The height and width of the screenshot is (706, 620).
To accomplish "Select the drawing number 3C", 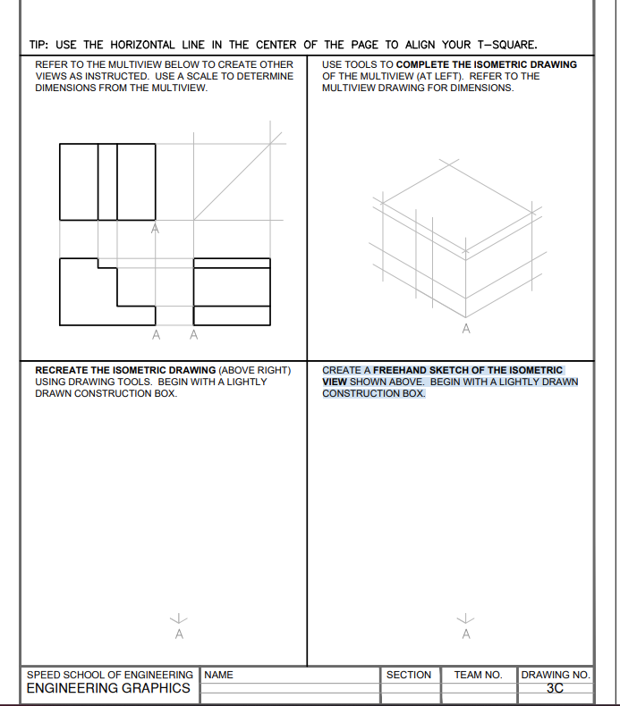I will (555, 688).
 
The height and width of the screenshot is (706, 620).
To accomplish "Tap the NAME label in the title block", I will (219, 675).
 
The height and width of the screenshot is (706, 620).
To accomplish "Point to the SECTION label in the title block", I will (408, 675).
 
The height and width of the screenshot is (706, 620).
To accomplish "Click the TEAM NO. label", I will (478, 675).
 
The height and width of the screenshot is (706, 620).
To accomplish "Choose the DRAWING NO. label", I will (555, 675).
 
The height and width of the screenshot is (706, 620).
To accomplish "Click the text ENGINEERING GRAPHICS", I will (107, 688).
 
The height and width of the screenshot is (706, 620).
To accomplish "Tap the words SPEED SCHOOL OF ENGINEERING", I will (109, 675).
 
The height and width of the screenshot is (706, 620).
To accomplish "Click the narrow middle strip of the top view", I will (107, 181).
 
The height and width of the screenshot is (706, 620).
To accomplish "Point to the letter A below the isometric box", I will (465, 330).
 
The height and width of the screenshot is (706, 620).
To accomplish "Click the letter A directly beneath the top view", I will (155, 230).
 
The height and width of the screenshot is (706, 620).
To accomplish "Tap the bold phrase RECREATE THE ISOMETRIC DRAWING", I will (124, 370).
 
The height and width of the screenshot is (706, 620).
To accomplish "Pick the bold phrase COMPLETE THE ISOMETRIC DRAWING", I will (487, 64).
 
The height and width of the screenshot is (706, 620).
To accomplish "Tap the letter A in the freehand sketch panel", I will (465, 634).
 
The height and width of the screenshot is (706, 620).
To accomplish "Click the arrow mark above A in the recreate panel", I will (179, 618).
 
